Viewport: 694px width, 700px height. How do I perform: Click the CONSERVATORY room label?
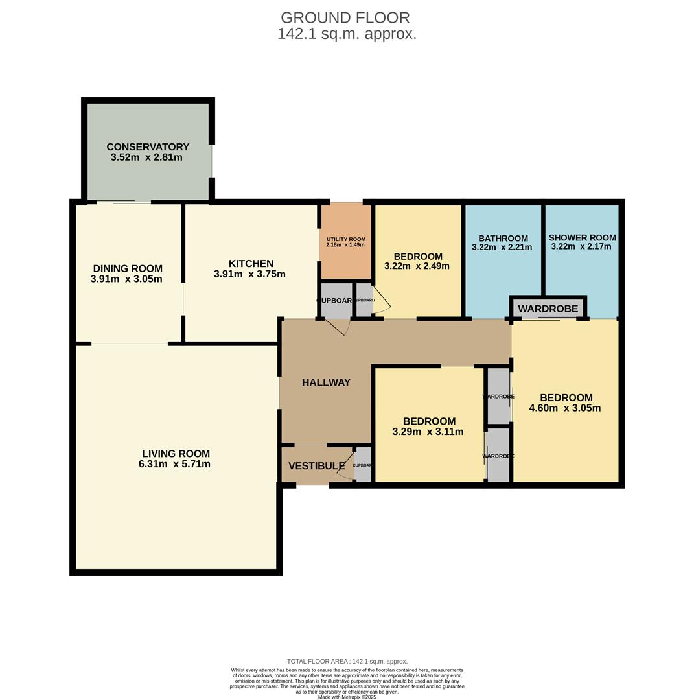coord(148,147)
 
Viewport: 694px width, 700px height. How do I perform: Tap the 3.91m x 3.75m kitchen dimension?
coord(249,274)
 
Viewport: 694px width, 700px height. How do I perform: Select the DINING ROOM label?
coord(128,268)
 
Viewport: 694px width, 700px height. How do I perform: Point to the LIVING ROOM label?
coord(176,454)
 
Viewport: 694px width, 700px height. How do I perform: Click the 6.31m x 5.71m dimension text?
coord(174,464)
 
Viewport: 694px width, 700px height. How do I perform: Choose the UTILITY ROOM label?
coord(346,239)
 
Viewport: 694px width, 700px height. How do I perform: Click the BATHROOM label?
coord(503,238)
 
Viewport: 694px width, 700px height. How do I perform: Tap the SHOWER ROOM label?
coord(582,237)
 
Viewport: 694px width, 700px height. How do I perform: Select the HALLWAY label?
coord(326,382)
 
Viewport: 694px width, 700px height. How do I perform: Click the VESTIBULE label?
coord(316,466)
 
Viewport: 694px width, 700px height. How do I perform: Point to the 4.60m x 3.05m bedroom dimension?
coord(565,408)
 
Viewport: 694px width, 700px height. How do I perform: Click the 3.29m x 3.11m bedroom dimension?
coord(428,432)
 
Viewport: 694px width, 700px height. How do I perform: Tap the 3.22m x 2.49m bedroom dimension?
coord(417,266)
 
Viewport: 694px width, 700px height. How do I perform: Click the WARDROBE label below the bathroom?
coord(548,309)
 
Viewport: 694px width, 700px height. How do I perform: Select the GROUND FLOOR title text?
coord(345,17)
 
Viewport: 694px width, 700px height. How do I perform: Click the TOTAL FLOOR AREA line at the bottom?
coord(347,662)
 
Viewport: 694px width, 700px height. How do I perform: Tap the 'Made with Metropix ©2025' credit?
coord(347,697)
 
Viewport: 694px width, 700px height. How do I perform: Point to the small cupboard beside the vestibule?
coord(363,465)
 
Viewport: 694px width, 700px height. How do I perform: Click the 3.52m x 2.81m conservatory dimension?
coord(146,157)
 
